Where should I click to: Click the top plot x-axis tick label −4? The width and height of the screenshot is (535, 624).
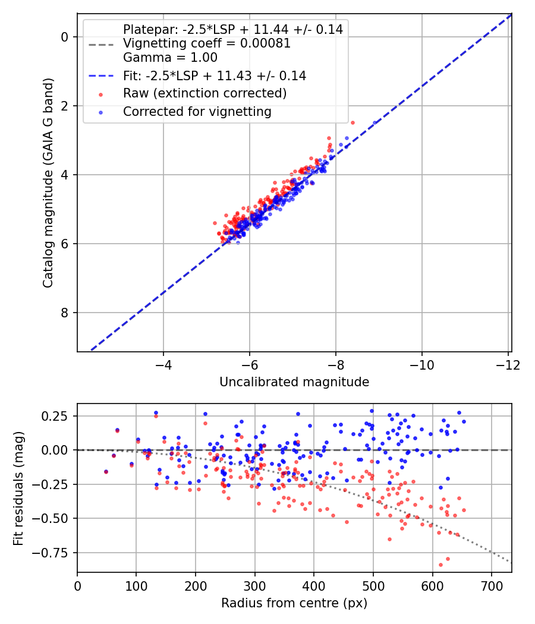[163, 364]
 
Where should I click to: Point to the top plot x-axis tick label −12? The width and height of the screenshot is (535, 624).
[508, 364]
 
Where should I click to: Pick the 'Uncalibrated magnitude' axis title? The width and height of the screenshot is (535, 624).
[294, 382]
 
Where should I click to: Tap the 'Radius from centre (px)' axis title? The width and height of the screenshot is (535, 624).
[294, 603]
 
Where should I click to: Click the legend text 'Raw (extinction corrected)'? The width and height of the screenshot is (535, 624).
[204, 93]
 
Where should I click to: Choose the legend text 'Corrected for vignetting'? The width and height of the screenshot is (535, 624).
[197, 112]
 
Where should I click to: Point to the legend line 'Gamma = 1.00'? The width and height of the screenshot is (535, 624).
[170, 58]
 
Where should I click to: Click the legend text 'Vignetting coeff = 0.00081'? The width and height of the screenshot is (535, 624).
[206, 43]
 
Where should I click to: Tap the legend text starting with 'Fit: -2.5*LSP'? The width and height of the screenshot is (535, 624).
[214, 75]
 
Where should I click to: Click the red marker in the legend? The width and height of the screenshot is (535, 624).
[100, 94]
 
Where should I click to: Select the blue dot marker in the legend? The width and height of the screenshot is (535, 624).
[100, 112]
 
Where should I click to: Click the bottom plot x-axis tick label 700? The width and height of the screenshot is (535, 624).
[492, 585]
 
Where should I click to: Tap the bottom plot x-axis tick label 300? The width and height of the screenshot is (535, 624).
[255, 585]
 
